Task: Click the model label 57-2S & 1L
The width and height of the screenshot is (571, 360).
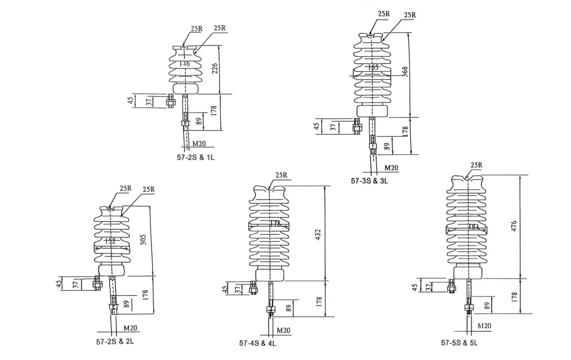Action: [x=196, y=158]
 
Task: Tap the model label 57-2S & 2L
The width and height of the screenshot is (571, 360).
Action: [x=115, y=340]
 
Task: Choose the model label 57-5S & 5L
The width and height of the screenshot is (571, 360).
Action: [x=459, y=343]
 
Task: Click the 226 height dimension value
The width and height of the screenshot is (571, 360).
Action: [x=215, y=69]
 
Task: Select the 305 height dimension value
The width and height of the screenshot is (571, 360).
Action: [x=144, y=239]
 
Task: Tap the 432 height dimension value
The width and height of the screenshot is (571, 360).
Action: [x=318, y=234]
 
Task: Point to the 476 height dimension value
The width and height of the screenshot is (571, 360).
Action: [x=514, y=226]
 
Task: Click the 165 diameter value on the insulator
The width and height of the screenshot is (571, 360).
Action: [x=373, y=67]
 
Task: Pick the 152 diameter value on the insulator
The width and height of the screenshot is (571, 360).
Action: [x=110, y=241]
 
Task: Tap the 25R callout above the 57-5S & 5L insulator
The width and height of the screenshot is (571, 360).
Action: [x=476, y=165]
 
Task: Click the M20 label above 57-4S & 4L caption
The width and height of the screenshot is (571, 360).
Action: [x=283, y=330]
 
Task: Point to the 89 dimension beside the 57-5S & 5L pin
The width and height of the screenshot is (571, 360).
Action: [x=487, y=306]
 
